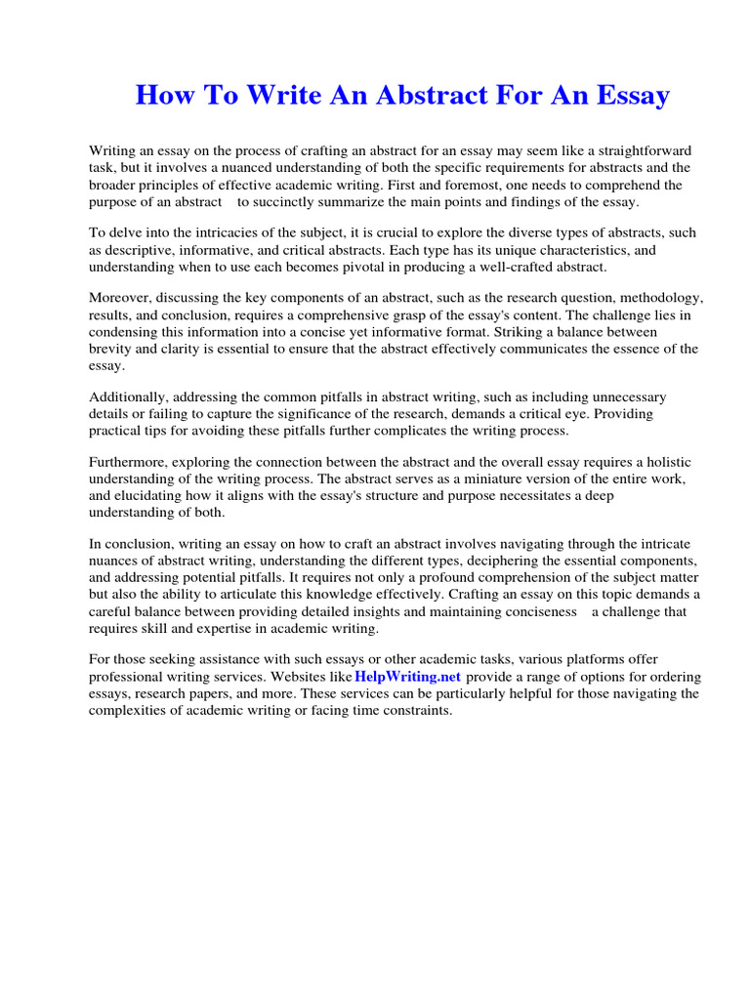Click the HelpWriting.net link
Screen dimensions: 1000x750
(x=407, y=677)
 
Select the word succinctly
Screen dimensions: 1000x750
(x=303, y=202)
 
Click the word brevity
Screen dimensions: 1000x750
(x=111, y=349)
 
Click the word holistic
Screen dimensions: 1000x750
(x=660, y=462)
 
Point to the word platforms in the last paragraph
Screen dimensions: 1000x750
(x=592, y=659)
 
